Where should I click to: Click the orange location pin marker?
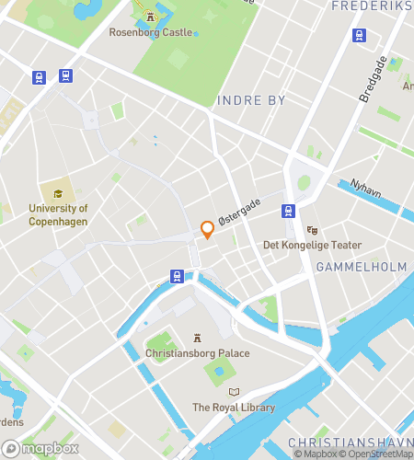pyautogui.click(x=207, y=230)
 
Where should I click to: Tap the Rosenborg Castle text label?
pyautogui.click(x=151, y=32)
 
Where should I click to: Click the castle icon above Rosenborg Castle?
pyautogui.click(x=151, y=17)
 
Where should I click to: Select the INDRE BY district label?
pyautogui.click(x=251, y=100)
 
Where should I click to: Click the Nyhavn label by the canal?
pyautogui.click(x=366, y=184)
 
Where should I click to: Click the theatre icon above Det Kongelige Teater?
pyautogui.click(x=312, y=230)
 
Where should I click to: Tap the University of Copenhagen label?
pyautogui.click(x=58, y=214)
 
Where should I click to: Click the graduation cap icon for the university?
pyautogui.click(x=58, y=194)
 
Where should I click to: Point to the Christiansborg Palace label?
pyautogui.click(x=197, y=353)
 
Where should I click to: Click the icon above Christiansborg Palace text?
pyautogui.click(x=197, y=338)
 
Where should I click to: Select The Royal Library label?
pyautogui.click(x=232, y=407)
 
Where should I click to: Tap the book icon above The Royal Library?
pyautogui.click(x=233, y=392)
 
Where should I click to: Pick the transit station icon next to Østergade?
pyautogui.click(x=288, y=211)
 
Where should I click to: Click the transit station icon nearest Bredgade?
pyautogui.click(x=359, y=36)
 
